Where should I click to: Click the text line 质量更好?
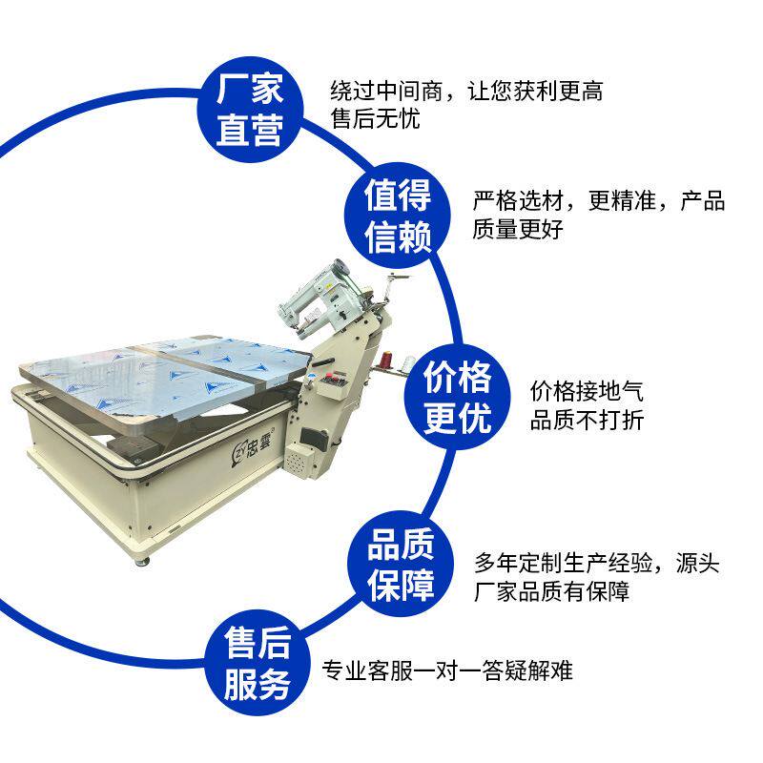(x=519, y=230)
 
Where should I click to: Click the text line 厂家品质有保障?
(x=552, y=591)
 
